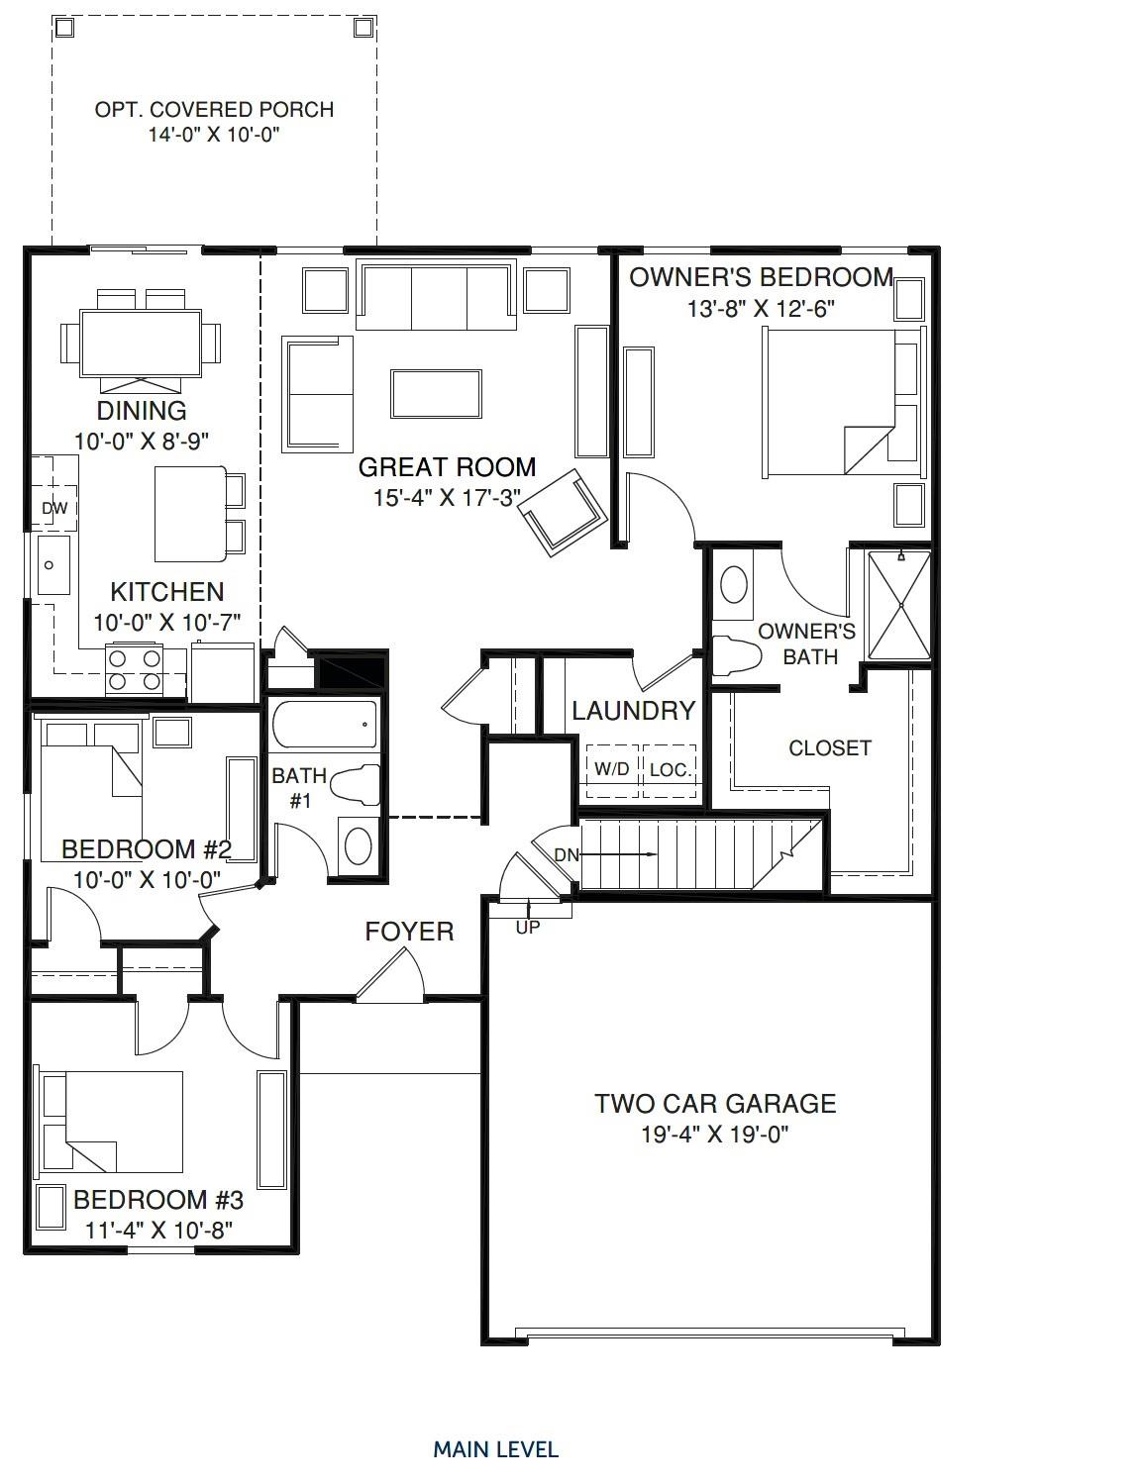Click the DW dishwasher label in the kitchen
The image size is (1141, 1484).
53,508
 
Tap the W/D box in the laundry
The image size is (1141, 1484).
611,769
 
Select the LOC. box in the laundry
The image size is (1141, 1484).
671,769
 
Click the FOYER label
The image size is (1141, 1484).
409,932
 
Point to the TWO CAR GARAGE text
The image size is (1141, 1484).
715,1103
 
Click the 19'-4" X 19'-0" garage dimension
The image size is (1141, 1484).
715,1134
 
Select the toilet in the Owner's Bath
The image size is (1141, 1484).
735,654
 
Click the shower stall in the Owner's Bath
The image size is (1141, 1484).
899,605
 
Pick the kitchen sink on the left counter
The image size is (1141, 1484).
52,565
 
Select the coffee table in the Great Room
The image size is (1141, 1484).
437,393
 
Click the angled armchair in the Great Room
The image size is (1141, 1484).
565,509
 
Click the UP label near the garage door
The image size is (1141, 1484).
528,928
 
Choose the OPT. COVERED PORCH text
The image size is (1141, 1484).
214,110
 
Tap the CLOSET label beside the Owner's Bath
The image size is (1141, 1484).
830,748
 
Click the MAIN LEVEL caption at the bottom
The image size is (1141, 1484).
495,1449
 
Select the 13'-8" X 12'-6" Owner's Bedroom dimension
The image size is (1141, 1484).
761,308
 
